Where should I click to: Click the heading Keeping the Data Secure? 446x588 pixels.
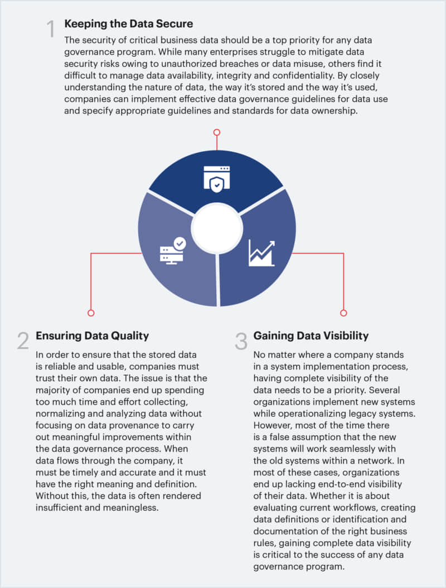[x=129, y=23]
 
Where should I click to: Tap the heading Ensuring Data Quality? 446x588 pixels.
[x=93, y=336]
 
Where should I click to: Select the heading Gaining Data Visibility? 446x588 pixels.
[x=311, y=336]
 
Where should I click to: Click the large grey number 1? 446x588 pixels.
[x=51, y=29]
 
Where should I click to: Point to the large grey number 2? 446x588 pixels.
[x=23, y=341]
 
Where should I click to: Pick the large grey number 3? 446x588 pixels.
[x=241, y=341]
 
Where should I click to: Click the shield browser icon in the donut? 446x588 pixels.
[x=216, y=179]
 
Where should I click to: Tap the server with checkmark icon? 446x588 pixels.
[x=173, y=250]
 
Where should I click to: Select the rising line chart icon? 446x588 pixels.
[x=261, y=253]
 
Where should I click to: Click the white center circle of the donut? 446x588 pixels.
[x=217, y=229]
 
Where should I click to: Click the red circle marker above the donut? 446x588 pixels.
[x=217, y=133]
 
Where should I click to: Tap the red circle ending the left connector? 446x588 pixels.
[x=91, y=313]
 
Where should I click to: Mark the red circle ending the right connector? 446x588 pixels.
[x=343, y=313]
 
